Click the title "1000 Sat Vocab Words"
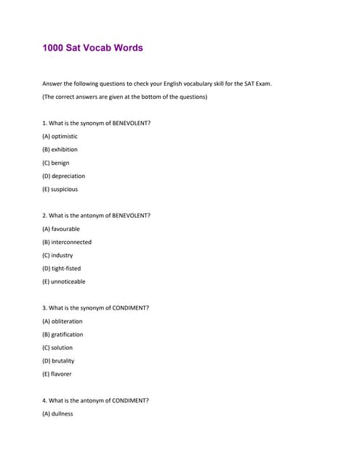[92, 48]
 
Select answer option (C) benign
[56, 163]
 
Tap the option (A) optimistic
[60, 137]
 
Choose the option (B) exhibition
[60, 150]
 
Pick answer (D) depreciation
[64, 176]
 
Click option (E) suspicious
[60, 189]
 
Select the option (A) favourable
[61, 229]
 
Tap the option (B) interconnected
[67, 242]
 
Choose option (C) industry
[57, 255]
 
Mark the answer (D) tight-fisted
[62, 268]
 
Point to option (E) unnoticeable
[64, 281]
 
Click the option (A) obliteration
[63, 321]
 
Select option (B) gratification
[63, 334]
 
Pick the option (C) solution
[58, 347]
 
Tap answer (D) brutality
[58, 360]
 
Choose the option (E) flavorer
[57, 373]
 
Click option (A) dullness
[58, 413]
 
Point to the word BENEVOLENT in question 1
[130, 123]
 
